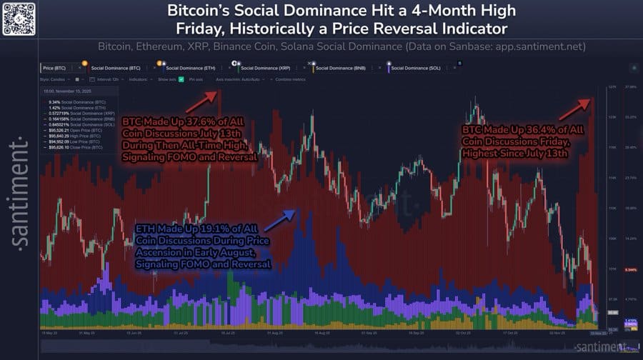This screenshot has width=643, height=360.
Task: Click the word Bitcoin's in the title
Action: point(203,11)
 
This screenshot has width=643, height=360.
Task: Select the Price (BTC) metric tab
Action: point(55,68)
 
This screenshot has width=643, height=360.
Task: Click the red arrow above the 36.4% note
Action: point(574,109)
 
